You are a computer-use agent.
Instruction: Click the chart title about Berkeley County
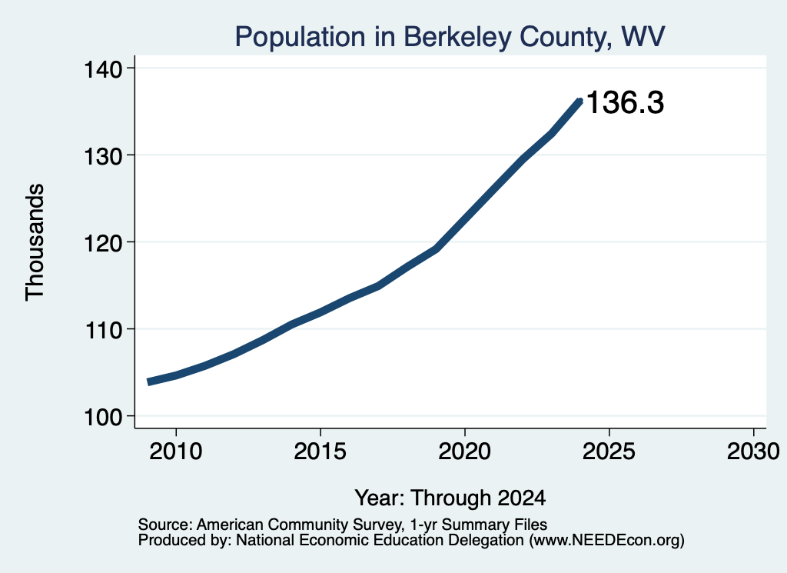(x=450, y=37)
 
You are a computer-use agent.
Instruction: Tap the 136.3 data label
(x=625, y=102)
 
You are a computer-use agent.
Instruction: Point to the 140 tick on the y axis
(x=104, y=68)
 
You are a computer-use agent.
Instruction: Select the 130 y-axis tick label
(x=104, y=155)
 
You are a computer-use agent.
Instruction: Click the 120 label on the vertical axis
(x=104, y=242)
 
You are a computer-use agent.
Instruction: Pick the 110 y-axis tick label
(x=104, y=330)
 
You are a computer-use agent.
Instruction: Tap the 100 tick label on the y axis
(x=104, y=417)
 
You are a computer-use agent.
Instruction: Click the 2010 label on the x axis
(x=176, y=451)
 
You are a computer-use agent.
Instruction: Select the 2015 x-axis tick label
(x=320, y=451)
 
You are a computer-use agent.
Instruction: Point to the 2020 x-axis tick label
(x=465, y=451)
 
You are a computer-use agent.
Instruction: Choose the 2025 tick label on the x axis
(x=609, y=451)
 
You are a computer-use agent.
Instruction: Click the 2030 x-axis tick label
(x=753, y=451)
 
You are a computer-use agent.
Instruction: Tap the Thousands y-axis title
(x=35, y=242)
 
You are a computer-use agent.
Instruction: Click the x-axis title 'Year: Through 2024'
(x=450, y=498)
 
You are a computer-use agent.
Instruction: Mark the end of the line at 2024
(x=580, y=102)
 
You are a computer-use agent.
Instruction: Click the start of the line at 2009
(x=148, y=382)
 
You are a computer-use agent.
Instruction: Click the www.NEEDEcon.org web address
(x=606, y=541)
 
